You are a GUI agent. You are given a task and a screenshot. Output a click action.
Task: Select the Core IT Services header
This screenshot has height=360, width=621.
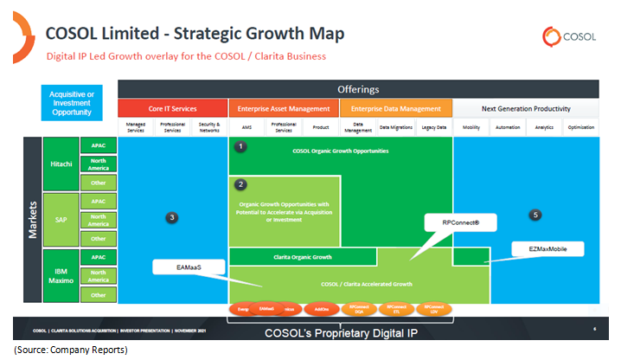coord(172,109)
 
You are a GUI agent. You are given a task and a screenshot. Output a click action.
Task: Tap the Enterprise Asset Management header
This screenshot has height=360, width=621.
coord(284,109)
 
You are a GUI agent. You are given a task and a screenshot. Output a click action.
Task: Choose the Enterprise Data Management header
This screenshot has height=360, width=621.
coord(396,109)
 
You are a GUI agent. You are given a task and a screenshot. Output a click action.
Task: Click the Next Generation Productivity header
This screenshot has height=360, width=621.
coord(526,109)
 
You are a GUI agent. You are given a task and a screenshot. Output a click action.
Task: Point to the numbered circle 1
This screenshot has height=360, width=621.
coord(242,147)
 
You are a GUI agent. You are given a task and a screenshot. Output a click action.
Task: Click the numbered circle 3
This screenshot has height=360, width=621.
coord(172,217)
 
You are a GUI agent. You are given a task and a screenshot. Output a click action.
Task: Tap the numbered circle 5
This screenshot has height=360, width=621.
coord(535,214)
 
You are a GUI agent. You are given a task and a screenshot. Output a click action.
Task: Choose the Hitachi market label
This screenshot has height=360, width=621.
coord(61,164)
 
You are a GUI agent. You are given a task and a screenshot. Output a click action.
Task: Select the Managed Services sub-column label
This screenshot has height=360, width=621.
coord(135,126)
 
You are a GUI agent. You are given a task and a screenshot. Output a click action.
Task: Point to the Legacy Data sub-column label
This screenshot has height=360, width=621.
coord(433,126)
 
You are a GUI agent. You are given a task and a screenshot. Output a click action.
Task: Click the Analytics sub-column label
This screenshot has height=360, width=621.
coord(544,126)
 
